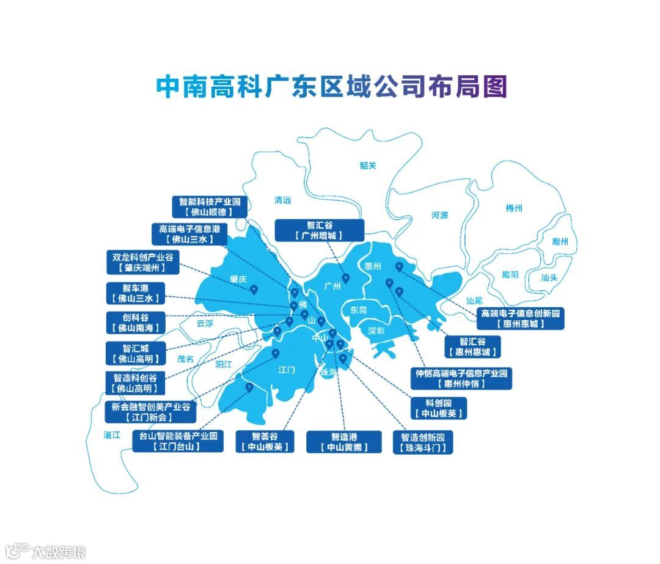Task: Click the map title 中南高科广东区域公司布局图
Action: point(331,87)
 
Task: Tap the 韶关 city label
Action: point(368,165)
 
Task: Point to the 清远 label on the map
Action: point(283,200)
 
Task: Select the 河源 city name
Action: point(439,215)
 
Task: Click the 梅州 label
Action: point(514,208)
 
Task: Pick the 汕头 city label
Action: point(549,277)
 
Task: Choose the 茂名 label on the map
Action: point(185,359)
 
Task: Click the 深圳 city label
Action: point(376,331)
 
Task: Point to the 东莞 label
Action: point(359,310)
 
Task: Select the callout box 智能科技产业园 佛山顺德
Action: point(210,207)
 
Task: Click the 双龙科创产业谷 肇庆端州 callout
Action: point(142,263)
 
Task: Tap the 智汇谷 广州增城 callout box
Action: point(319,230)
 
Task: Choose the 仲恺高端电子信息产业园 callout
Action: point(461,378)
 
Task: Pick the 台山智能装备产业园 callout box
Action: point(178,441)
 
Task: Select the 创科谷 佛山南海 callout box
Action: point(135,323)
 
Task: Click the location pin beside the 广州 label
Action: point(345,279)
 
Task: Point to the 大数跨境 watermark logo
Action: point(45,551)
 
